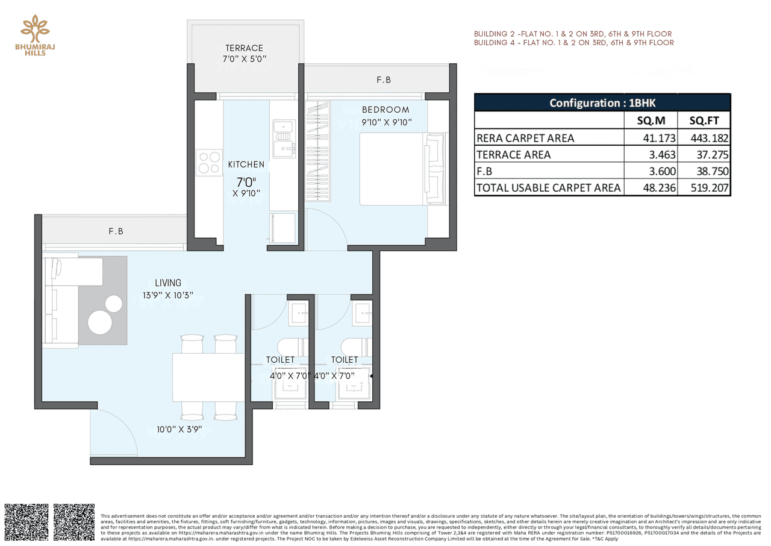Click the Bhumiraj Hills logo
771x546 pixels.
35,36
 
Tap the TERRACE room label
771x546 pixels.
244,48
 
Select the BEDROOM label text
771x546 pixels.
385,110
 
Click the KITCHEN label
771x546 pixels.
246,164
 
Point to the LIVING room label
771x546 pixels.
167,283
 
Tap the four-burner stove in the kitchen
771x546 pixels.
209,162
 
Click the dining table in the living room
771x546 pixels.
208,377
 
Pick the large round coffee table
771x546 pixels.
100,322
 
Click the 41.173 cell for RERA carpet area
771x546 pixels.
651,138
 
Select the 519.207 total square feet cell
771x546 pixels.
704,187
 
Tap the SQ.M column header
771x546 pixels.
651,120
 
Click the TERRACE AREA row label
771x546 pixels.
513,155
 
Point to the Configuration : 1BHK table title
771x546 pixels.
602,102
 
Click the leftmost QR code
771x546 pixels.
27,522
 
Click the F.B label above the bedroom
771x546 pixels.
384,80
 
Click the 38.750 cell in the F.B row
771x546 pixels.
704,171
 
